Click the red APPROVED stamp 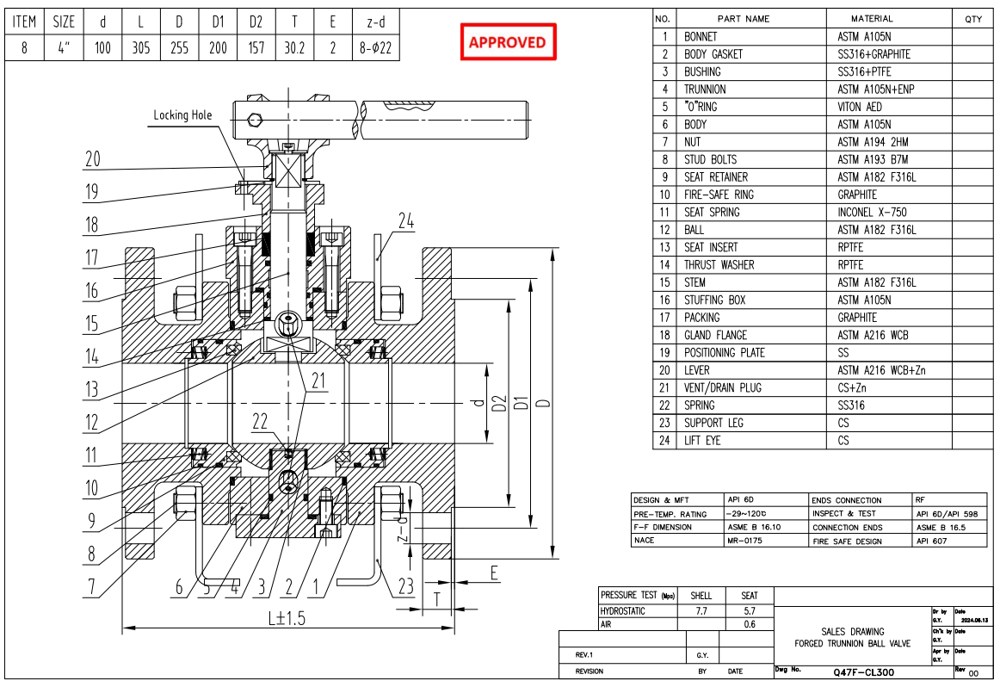[507, 42]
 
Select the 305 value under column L [141, 48]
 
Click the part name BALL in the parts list [694, 230]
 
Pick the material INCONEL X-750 [873, 212]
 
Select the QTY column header [972, 18]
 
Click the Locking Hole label [182, 114]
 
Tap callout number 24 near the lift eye [405, 221]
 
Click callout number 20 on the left [93, 158]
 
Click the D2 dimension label [496, 403]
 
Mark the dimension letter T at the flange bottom [438, 597]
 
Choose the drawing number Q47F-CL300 [863, 672]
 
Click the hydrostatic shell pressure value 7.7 [701, 610]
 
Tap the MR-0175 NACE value [745, 541]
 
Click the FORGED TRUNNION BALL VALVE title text [852, 644]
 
